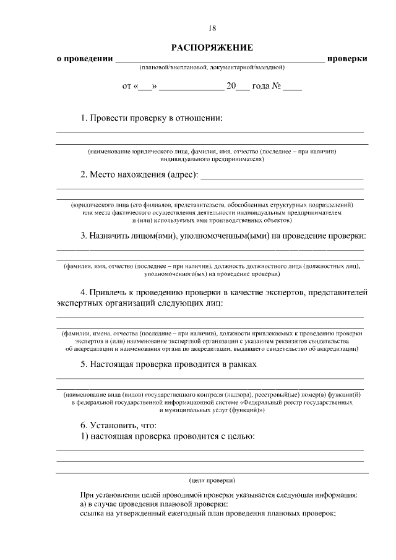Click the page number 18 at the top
pyautogui.click(x=212, y=28)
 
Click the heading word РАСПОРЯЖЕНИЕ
pyautogui.click(x=212, y=48)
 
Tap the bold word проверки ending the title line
pyautogui.click(x=348, y=59)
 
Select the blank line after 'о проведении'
pyautogui.click(x=220, y=60)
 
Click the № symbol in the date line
pyautogui.click(x=277, y=87)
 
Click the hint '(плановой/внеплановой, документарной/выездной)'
pyautogui.click(x=212, y=67)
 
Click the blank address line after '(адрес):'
pyautogui.click(x=282, y=176)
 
